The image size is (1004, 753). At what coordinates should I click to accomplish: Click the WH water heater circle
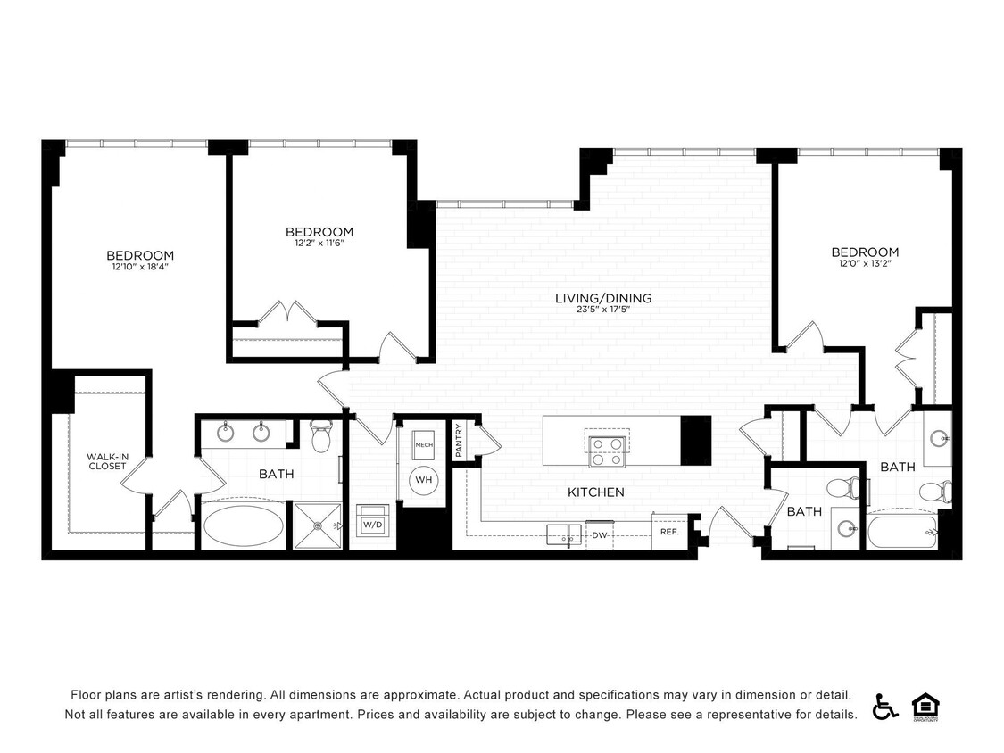423,480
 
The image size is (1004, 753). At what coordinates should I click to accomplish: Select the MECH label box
423,443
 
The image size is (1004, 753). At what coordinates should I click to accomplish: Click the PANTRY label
460,441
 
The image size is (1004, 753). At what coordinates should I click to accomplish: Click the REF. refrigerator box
669,532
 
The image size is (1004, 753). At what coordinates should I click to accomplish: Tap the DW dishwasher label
600,535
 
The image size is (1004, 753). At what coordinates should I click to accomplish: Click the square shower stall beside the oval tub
318,526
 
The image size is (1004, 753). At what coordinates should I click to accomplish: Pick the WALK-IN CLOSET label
107,461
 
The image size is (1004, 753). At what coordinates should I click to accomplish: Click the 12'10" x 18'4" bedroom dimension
140,267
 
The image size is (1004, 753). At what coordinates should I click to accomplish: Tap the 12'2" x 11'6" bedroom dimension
319,244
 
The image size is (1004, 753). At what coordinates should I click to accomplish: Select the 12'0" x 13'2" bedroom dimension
865,264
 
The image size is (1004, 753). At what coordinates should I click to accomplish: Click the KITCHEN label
596,492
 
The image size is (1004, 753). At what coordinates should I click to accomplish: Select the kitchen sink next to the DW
563,534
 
